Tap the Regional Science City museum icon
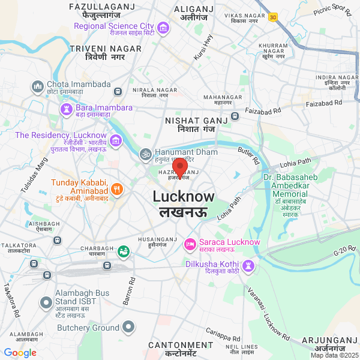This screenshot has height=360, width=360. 162,28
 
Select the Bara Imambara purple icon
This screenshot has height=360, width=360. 66,109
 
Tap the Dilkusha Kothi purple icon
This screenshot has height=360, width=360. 248,265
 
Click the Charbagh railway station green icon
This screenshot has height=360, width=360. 124,251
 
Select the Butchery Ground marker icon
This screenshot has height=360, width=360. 128,328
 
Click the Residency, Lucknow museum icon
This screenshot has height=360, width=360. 116,142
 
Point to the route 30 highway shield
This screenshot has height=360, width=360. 273,17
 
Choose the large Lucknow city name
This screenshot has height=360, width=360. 183,197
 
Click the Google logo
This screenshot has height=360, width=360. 20,353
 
